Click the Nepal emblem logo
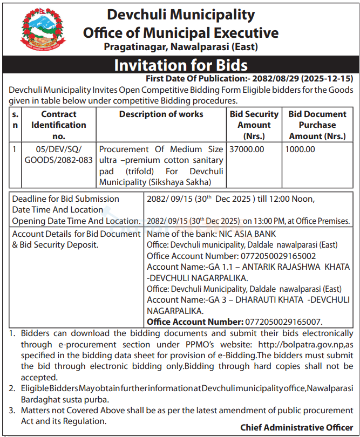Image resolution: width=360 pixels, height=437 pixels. (42, 31)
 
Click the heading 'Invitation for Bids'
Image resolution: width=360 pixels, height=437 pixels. (180, 65)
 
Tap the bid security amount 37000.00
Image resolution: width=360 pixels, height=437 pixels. (247, 149)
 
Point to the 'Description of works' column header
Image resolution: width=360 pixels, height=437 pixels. (161, 114)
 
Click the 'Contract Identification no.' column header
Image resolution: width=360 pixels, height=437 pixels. (59, 125)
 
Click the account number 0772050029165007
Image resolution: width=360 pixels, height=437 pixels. (284, 322)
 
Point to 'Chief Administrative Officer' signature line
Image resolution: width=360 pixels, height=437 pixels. (297, 427)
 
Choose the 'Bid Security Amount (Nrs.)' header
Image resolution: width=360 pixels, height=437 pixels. (254, 125)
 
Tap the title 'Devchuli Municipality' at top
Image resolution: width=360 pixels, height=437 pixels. (181, 15)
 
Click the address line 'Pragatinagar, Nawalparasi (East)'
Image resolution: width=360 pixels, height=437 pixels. (181, 47)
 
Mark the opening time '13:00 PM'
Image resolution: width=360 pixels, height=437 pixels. (261, 221)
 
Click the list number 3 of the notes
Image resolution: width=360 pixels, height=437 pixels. (12, 411)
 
